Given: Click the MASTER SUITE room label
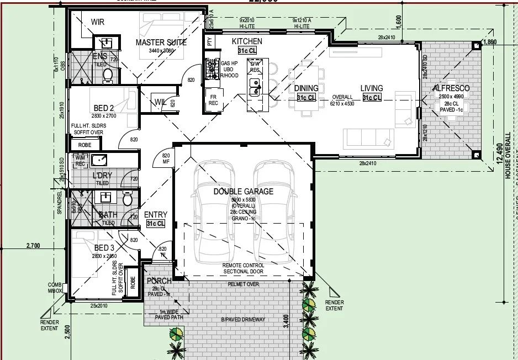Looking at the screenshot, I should click(161, 42).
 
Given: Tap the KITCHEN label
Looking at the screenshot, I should click(247, 41).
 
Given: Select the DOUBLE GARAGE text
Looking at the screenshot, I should click(244, 192).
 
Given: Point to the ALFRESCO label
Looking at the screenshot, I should click(451, 88).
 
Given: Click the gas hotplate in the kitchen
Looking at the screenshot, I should click(211, 68).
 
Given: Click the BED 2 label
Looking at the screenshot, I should click(104, 108).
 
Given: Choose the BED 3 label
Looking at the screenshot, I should click(104, 248).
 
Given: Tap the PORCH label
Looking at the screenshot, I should click(159, 280).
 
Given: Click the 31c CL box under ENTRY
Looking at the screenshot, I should click(155, 224).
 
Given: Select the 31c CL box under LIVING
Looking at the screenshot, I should click(372, 98).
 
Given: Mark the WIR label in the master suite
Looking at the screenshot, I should click(98, 22).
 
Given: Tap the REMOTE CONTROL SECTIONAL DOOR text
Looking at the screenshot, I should click(243, 268).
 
